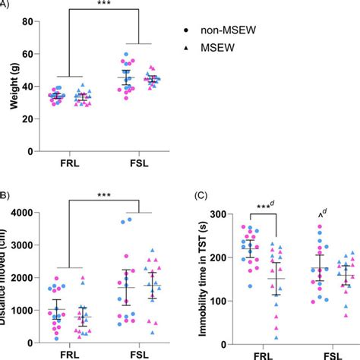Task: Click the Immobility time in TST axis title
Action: click(x=201, y=270)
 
